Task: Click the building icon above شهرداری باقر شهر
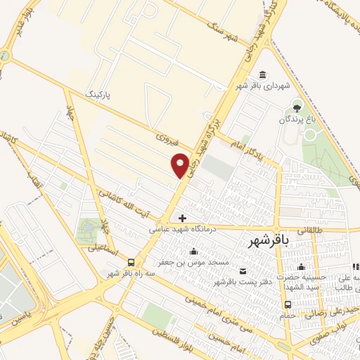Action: point(262,75)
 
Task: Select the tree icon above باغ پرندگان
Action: point(296,108)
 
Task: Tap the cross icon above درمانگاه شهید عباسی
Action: point(183,218)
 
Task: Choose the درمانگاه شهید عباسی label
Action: point(183,229)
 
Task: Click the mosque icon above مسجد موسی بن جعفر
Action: point(194,252)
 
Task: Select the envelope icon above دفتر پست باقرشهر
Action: point(243,271)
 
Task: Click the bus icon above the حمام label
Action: point(287,304)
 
